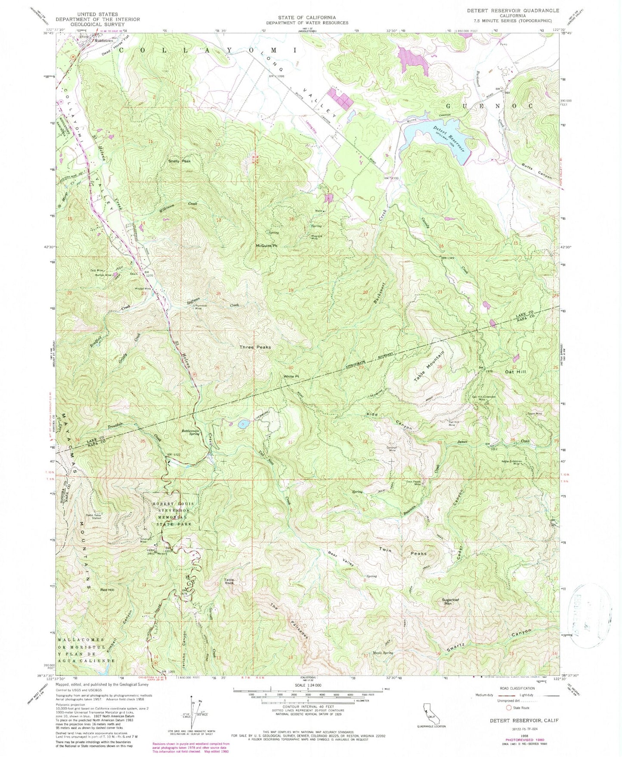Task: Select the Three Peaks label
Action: (x=255, y=347)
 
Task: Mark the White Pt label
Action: (x=291, y=376)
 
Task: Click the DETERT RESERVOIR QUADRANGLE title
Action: (x=513, y=10)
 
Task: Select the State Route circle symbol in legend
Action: (x=509, y=707)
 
